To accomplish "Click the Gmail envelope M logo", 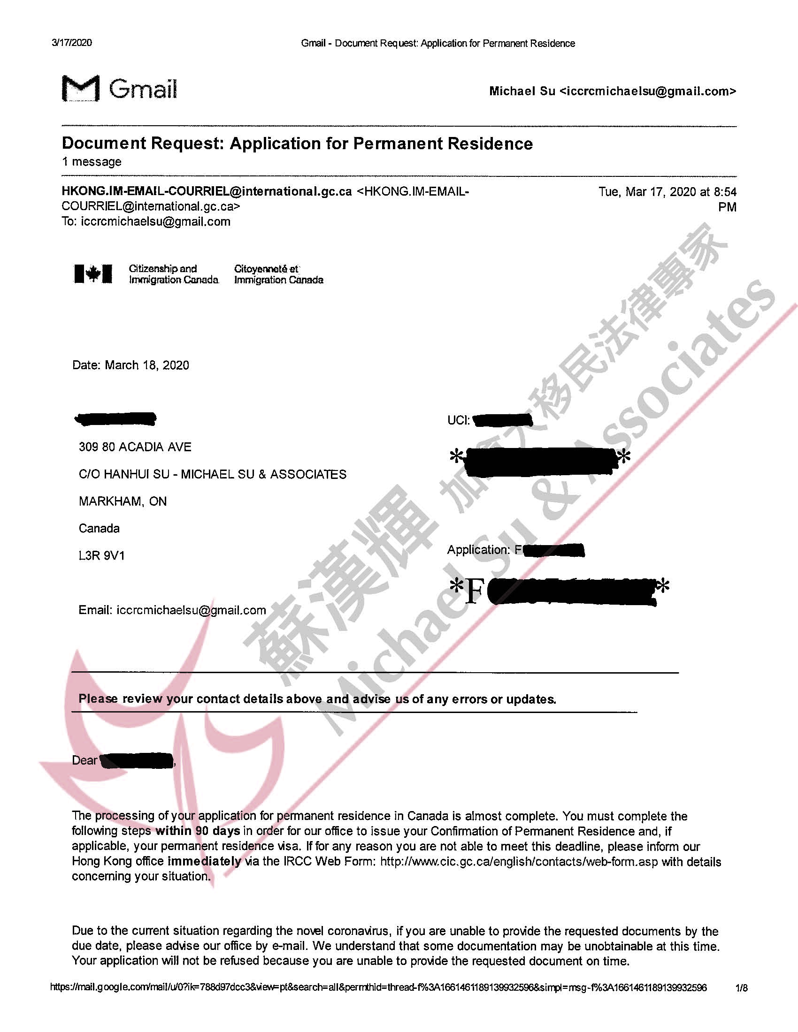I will click(x=81, y=88).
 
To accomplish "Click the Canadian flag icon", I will click(x=93, y=273).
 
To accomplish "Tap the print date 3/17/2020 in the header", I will click(x=71, y=43).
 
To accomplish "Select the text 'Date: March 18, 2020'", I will click(x=130, y=365).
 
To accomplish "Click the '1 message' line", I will click(x=91, y=162).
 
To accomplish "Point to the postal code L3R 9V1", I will click(x=102, y=555).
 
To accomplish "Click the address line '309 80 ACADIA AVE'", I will click(x=135, y=447).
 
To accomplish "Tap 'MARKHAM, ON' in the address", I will click(x=123, y=501).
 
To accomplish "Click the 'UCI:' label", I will click(x=458, y=420).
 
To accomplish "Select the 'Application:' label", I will click(x=478, y=550).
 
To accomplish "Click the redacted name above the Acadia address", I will click(x=116, y=419).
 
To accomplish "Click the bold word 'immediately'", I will click(x=204, y=861).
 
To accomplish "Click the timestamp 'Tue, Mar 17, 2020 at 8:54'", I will click(x=667, y=192).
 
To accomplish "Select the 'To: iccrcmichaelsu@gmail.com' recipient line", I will click(x=146, y=221).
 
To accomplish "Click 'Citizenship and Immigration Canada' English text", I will click(x=174, y=274).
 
